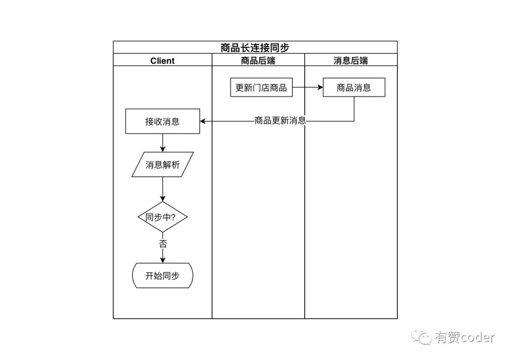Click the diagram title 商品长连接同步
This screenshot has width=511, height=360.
point(255,47)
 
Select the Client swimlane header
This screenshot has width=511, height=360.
point(162,61)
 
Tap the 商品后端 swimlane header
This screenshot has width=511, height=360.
point(258,61)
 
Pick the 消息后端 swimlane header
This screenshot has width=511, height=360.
point(351,61)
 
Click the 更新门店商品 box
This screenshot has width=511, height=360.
point(261,88)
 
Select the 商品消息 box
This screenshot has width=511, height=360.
point(354,88)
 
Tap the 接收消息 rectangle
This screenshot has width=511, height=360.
point(162,121)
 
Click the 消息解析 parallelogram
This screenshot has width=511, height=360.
point(162,165)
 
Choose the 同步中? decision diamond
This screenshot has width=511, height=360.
point(162,217)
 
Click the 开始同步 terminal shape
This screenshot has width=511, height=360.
point(162,275)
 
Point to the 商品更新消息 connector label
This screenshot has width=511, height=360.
point(280,121)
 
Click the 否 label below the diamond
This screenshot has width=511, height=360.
point(162,244)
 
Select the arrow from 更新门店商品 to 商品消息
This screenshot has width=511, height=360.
point(308,88)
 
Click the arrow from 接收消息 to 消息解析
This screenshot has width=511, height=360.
point(162,142)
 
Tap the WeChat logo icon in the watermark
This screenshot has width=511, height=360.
point(421,337)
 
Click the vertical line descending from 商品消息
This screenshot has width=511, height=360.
point(354,109)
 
